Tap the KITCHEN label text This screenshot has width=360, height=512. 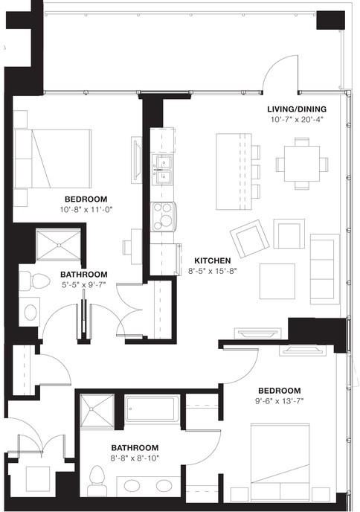tap(212, 260)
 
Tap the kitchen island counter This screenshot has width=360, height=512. tap(233, 171)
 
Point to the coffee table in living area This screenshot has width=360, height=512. tap(277, 276)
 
